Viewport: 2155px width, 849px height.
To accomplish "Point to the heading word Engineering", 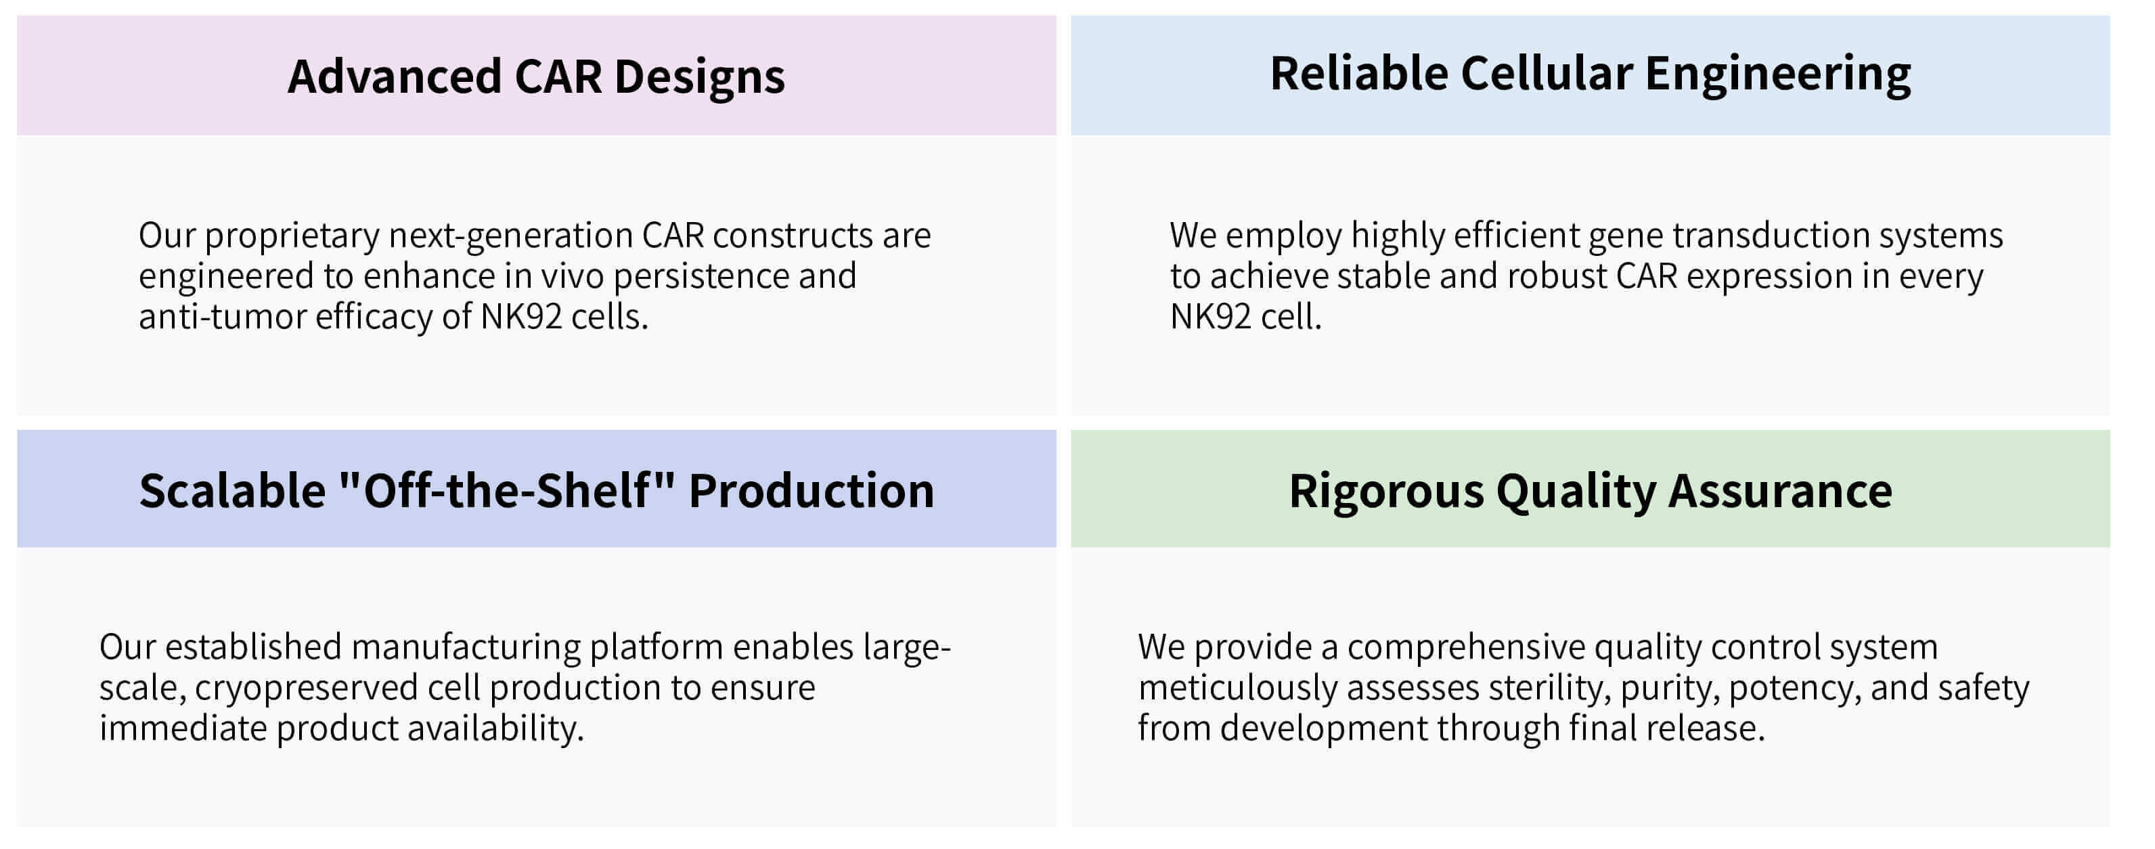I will [1778, 74].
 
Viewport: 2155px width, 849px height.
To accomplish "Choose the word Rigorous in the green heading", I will [1386, 491].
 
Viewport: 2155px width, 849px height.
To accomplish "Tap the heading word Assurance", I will [1780, 491].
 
